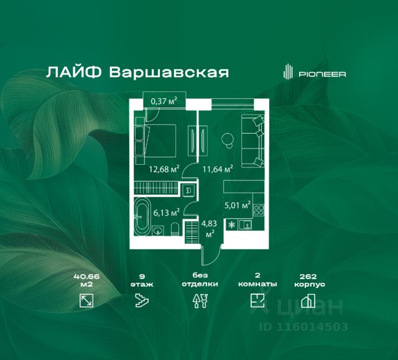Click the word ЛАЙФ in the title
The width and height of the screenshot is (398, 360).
74,72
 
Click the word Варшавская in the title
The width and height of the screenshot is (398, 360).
169,72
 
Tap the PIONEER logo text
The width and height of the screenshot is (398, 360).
322,74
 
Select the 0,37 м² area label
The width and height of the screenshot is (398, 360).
164,101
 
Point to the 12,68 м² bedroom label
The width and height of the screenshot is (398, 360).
164,169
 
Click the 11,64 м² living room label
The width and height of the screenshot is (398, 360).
218,168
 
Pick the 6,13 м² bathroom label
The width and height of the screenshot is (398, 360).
167,213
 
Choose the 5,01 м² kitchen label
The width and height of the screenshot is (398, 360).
238,205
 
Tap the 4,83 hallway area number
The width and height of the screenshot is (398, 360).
209,223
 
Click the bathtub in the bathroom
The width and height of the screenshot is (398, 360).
142,217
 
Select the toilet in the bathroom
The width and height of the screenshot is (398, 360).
175,229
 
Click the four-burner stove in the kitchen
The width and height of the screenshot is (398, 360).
259,210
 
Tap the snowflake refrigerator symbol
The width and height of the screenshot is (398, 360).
232,225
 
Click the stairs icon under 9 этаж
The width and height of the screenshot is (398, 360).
142,301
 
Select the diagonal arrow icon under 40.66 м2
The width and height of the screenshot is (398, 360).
86,301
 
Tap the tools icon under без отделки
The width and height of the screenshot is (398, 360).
200,301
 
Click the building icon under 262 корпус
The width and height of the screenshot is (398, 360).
308,301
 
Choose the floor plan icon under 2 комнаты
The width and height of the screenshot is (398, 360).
257,301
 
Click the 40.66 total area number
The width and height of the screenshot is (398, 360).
86,277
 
